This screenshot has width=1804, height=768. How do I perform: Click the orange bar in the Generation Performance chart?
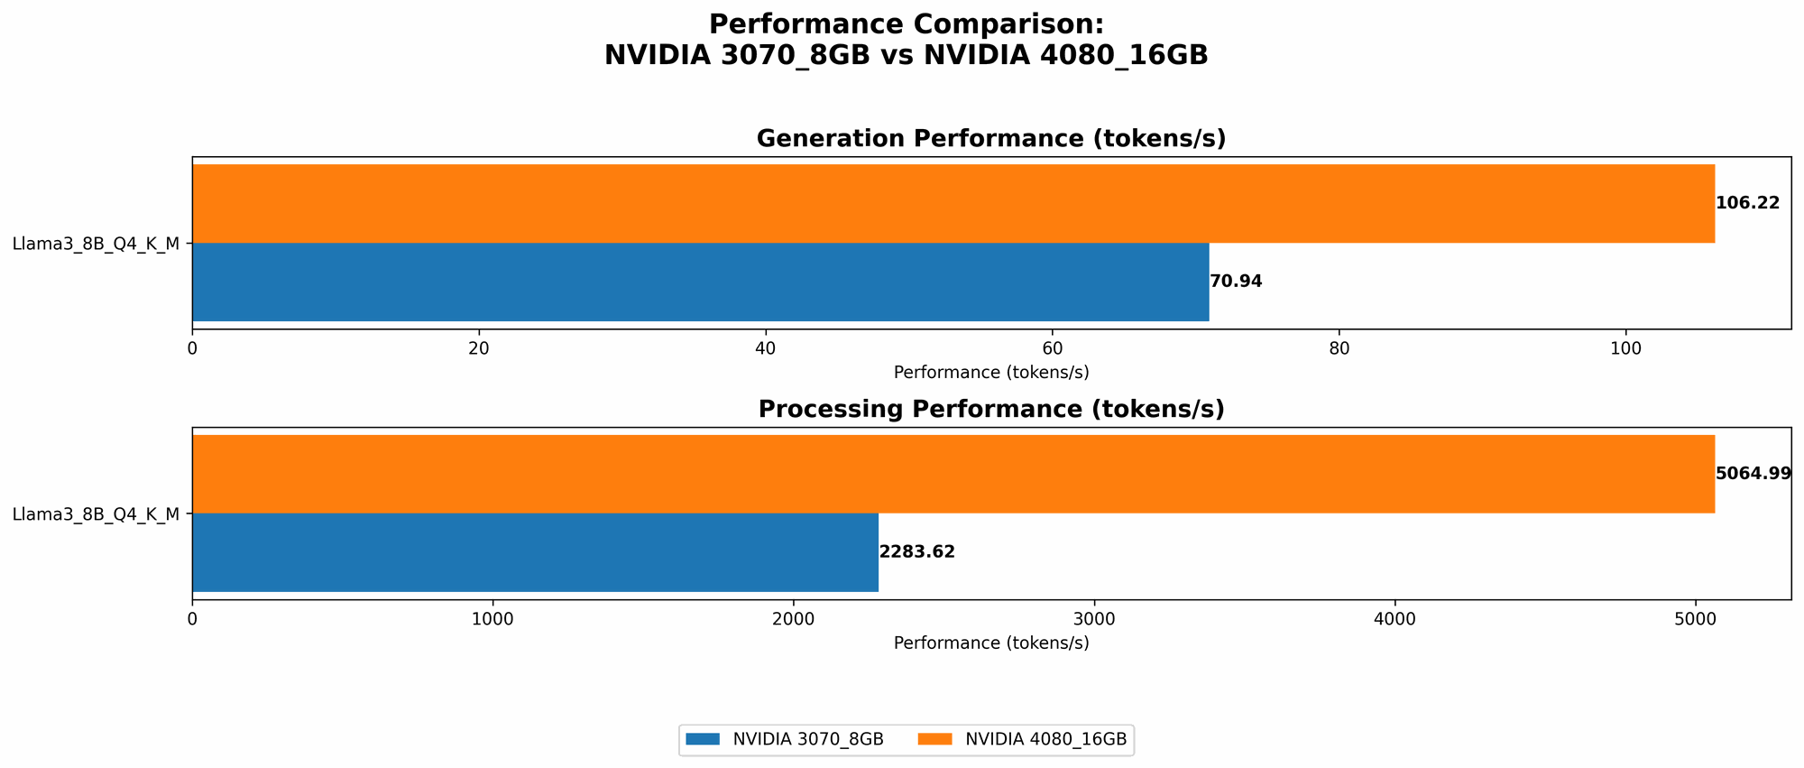point(953,203)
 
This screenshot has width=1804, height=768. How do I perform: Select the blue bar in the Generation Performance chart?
point(700,282)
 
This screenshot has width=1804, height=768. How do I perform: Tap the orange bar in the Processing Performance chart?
point(953,474)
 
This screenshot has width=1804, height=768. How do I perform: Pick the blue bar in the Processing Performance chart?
point(535,552)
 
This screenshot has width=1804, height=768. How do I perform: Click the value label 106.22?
point(1747,203)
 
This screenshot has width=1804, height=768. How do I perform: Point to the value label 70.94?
point(1236,282)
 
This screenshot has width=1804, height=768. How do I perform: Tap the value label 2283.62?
point(916,552)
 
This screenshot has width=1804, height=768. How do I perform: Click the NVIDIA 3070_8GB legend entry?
point(785,739)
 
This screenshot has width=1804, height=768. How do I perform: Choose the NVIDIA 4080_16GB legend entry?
point(1024,739)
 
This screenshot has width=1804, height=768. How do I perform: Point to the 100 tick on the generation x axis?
point(1625,347)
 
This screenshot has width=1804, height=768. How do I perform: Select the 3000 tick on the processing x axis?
point(1094,618)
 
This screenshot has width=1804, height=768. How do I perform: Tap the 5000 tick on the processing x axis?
point(1696,618)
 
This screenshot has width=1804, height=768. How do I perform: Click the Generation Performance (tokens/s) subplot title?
point(991,138)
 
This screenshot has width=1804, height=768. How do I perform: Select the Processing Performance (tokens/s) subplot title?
point(991,409)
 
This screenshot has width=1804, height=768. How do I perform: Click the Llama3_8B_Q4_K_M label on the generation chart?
point(96,243)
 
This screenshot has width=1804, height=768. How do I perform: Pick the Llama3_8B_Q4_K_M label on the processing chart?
point(96,514)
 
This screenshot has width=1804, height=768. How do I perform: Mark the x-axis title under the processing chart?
point(991,643)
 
